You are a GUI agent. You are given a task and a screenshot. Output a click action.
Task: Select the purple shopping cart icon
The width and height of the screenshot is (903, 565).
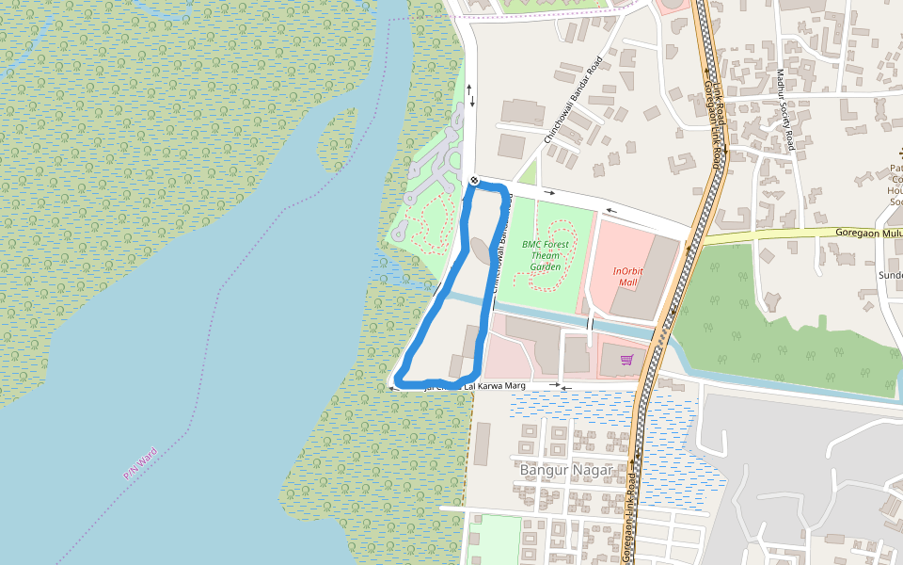pos(626,359)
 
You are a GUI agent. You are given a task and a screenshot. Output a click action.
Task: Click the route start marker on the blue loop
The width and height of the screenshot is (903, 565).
pos(474,181)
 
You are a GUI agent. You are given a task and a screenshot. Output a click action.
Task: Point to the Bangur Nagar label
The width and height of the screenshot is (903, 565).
pos(565,469)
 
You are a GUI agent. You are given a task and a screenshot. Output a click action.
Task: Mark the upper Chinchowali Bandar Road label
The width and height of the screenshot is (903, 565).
pos(572,102)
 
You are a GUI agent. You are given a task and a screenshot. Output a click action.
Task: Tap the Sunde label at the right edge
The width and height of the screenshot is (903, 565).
pos(890,275)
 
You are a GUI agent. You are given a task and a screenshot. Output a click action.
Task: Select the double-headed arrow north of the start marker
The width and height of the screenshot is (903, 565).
pos(471,94)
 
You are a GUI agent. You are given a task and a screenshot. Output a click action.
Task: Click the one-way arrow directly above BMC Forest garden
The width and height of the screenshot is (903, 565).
pos(549,192)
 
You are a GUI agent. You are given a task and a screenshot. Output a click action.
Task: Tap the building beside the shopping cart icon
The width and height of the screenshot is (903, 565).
pos(576,355)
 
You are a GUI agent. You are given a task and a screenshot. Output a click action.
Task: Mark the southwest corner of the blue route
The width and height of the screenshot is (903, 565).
pos(400,379)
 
